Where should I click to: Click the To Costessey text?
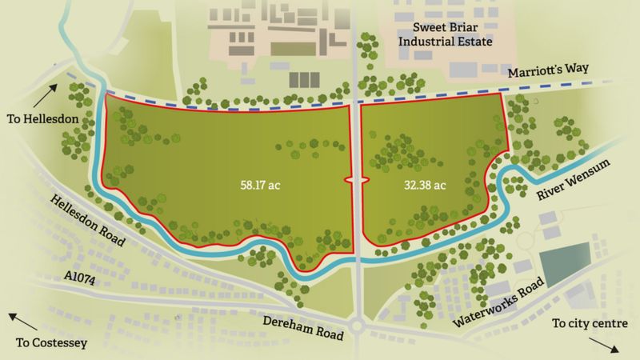pyautogui.click(x=50, y=344)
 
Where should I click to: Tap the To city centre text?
pyautogui.click(x=590, y=324)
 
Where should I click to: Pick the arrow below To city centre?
pyautogui.click(x=604, y=346)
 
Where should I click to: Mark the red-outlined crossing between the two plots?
pyautogui.click(x=355, y=181)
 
